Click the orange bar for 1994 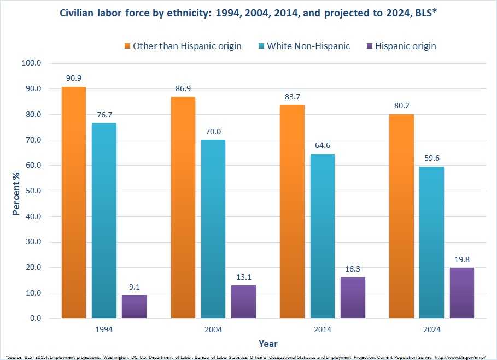74,202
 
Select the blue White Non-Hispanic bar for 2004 213,229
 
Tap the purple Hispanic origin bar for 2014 353,297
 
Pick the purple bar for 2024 461,293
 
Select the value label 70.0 213,131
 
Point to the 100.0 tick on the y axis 31,63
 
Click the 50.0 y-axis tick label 33,191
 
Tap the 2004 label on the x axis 213,329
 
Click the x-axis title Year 268,344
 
